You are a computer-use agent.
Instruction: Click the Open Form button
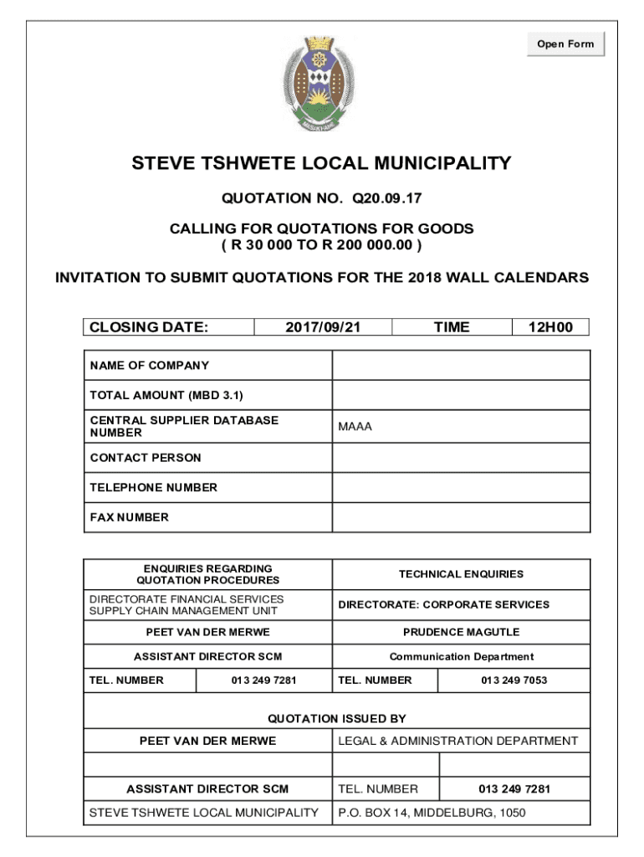point(565,44)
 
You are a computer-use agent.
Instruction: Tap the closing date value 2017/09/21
point(323,327)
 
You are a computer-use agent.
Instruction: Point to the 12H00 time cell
point(550,327)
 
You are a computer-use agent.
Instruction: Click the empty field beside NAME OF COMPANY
point(461,366)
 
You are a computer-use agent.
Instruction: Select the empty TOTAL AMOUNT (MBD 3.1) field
point(461,395)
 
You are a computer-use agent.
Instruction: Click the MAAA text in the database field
point(355,427)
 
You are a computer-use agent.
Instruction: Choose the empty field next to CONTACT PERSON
point(461,458)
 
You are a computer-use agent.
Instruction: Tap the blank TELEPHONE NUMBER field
point(461,487)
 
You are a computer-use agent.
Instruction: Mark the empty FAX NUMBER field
point(461,517)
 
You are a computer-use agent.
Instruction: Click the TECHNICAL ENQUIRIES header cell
point(461,574)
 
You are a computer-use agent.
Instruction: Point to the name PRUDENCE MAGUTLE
point(461,632)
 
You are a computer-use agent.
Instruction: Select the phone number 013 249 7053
point(514,680)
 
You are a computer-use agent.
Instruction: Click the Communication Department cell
point(461,657)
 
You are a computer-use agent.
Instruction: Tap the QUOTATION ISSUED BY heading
point(337,718)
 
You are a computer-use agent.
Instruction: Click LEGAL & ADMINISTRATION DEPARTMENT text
point(457,741)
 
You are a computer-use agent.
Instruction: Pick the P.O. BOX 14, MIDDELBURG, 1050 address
point(432,813)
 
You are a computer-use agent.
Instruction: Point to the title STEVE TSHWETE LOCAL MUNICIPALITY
point(321,163)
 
